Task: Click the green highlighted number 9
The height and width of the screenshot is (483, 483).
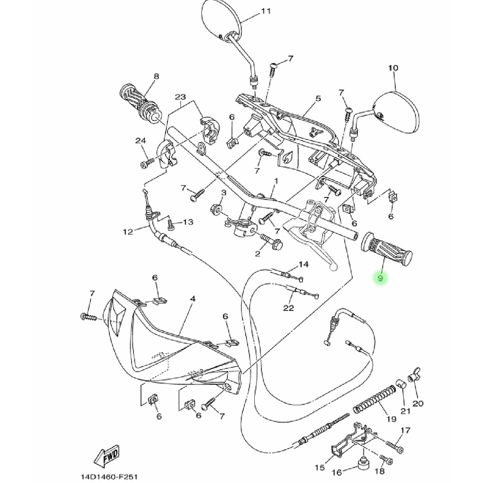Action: point(380,279)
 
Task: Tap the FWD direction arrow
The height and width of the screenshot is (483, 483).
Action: point(108,457)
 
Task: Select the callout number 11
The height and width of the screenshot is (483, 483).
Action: point(266,11)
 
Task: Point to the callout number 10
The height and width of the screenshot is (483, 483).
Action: point(393,68)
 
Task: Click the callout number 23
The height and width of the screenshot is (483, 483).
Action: point(180,97)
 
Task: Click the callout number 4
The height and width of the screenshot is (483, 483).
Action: point(192,299)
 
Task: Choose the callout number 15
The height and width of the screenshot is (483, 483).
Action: point(319,467)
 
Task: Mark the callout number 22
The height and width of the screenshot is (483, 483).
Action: point(289,308)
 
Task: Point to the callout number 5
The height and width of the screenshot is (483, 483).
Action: point(318,99)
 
